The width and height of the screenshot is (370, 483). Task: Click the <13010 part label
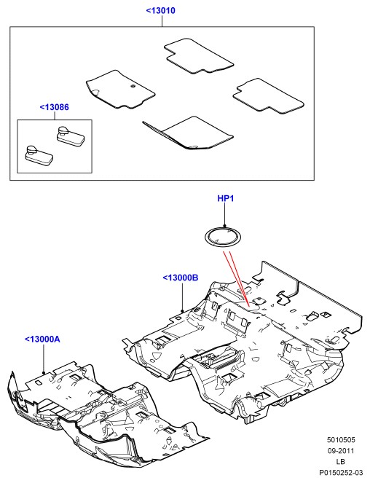[160, 10]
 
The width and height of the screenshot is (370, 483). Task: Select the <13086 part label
[54, 107]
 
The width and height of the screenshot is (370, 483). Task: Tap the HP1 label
[226, 198]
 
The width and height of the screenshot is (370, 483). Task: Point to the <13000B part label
[180, 278]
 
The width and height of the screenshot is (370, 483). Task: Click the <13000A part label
[42, 339]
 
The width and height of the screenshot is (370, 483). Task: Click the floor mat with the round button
[120, 90]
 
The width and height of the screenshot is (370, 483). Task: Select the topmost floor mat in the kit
[198, 56]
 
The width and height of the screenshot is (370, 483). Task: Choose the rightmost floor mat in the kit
[268, 96]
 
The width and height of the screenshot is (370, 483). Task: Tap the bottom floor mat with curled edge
[188, 133]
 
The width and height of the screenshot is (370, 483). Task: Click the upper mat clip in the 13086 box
[71, 136]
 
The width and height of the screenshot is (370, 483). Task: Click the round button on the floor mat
[133, 86]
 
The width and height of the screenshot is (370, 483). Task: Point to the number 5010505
[341, 440]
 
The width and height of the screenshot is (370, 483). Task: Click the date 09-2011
[341, 451]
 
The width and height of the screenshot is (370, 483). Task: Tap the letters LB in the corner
[341, 461]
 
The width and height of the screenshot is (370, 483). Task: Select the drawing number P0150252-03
[341, 472]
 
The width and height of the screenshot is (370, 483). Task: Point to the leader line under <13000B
[182, 297]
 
